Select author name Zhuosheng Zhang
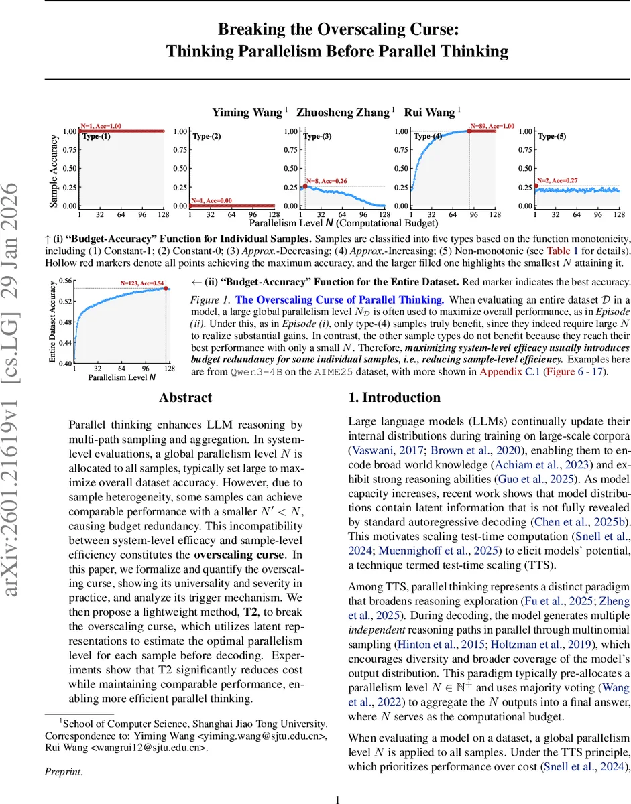click(x=345, y=112)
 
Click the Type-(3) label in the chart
click(x=317, y=136)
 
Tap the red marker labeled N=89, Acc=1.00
click(x=469, y=131)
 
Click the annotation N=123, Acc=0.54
click(x=142, y=283)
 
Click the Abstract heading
click(x=185, y=397)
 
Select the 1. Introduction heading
click(x=394, y=397)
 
